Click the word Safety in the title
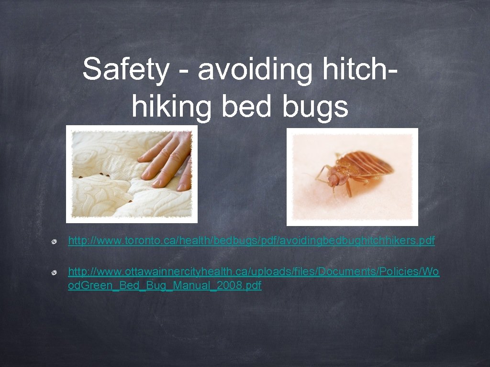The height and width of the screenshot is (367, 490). tap(125, 70)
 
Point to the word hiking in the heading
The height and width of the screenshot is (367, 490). tap(171, 106)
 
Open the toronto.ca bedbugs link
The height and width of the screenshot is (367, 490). tap(251, 240)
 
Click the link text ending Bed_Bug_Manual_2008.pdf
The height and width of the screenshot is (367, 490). tap(165, 286)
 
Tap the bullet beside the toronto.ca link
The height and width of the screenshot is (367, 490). tap(56, 241)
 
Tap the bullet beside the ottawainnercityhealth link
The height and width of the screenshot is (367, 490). tap(56, 272)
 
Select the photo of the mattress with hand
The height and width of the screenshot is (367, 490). tap(132, 174)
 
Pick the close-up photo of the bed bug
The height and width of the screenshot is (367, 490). tap(352, 177)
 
